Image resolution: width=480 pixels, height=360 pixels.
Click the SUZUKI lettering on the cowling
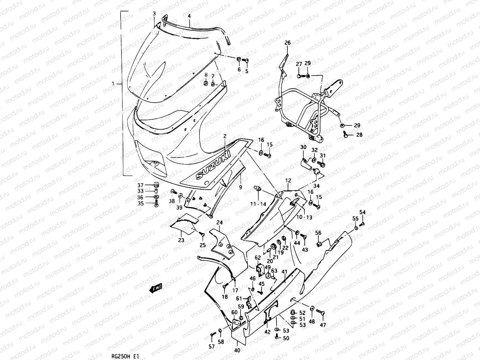click(213, 165)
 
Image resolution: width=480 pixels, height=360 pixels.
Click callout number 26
click(287, 43)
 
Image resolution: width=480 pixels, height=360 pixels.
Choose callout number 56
click(318, 233)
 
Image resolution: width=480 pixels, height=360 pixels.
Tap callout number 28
click(359, 135)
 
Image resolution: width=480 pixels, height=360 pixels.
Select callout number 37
click(148, 185)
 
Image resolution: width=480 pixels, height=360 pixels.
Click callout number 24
click(220, 223)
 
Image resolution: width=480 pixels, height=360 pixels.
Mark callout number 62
click(258, 257)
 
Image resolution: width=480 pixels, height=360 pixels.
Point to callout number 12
click(288, 181)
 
